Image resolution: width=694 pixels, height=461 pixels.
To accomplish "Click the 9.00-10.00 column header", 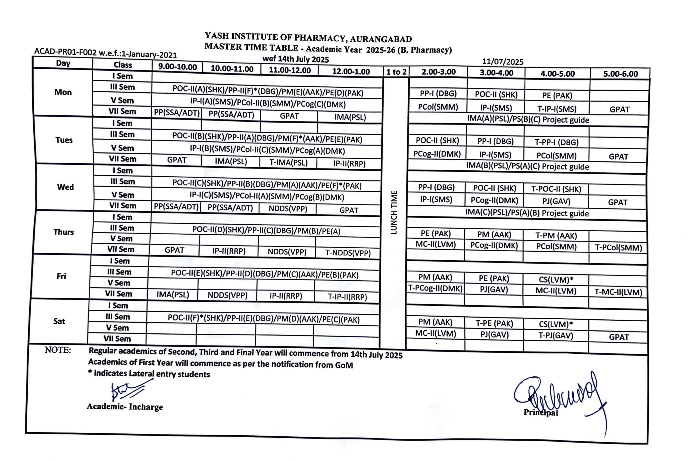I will click(x=177, y=67).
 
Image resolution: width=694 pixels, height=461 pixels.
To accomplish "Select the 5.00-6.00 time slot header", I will click(x=620, y=74).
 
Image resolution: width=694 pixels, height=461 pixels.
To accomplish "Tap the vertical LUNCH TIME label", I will click(x=394, y=212).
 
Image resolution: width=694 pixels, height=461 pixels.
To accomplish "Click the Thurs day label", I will click(x=63, y=232).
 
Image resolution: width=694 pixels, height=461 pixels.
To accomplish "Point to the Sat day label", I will click(x=59, y=321).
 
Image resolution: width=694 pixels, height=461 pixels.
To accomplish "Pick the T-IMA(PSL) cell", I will click(x=288, y=163).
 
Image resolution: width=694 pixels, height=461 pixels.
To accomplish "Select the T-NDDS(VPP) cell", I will click(x=348, y=253).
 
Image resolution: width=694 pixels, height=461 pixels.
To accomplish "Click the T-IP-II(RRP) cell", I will click(x=347, y=297).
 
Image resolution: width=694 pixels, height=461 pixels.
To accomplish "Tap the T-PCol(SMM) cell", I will click(x=618, y=248).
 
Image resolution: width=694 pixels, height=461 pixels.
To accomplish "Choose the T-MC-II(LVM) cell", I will click(x=618, y=292).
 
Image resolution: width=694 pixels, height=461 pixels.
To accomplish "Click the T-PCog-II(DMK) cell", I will click(x=435, y=288).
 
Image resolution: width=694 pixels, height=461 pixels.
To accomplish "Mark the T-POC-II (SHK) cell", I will click(x=556, y=189).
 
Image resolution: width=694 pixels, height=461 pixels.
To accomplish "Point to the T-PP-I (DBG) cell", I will click(x=556, y=142).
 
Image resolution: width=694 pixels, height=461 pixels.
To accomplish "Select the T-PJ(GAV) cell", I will click(x=556, y=336).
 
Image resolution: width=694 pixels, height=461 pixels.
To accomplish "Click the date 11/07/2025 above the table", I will click(x=503, y=62).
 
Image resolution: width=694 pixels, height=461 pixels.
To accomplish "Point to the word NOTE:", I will click(x=58, y=350).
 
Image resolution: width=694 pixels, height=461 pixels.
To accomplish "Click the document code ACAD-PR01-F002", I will click(x=65, y=52).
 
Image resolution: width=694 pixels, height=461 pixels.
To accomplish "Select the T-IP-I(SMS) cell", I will click(x=557, y=109).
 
